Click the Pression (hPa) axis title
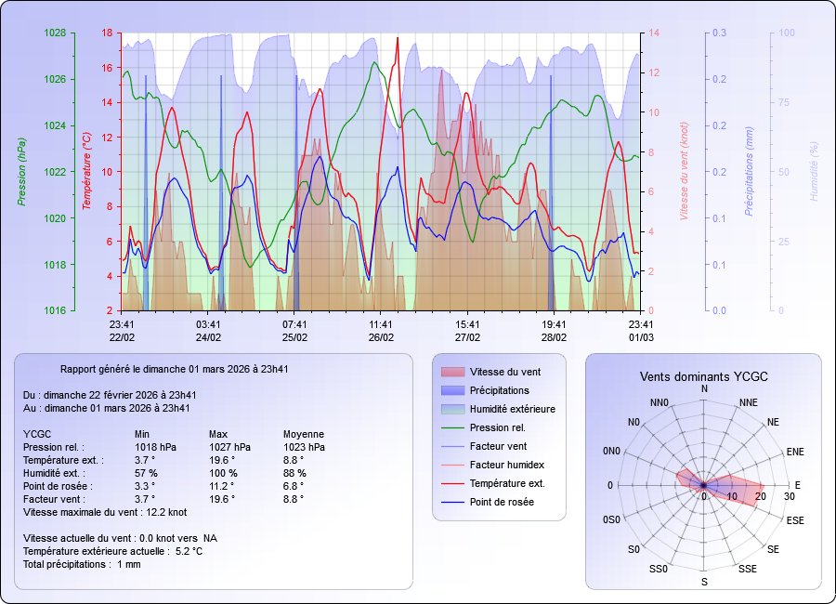tap(20, 172)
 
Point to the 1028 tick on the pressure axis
tap(54, 33)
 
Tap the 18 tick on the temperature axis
tap(107, 33)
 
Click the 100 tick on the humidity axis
tap(786, 33)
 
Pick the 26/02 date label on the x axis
tap(381, 336)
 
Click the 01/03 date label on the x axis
tap(640, 336)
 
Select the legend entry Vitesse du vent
tap(505, 372)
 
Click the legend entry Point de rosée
tap(502, 502)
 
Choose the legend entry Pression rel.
tap(497, 427)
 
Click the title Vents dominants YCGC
tap(703, 376)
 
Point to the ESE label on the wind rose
tap(795, 520)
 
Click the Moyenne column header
tap(304, 434)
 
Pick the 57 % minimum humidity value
tap(146, 473)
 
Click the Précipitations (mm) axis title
tap(749, 172)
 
